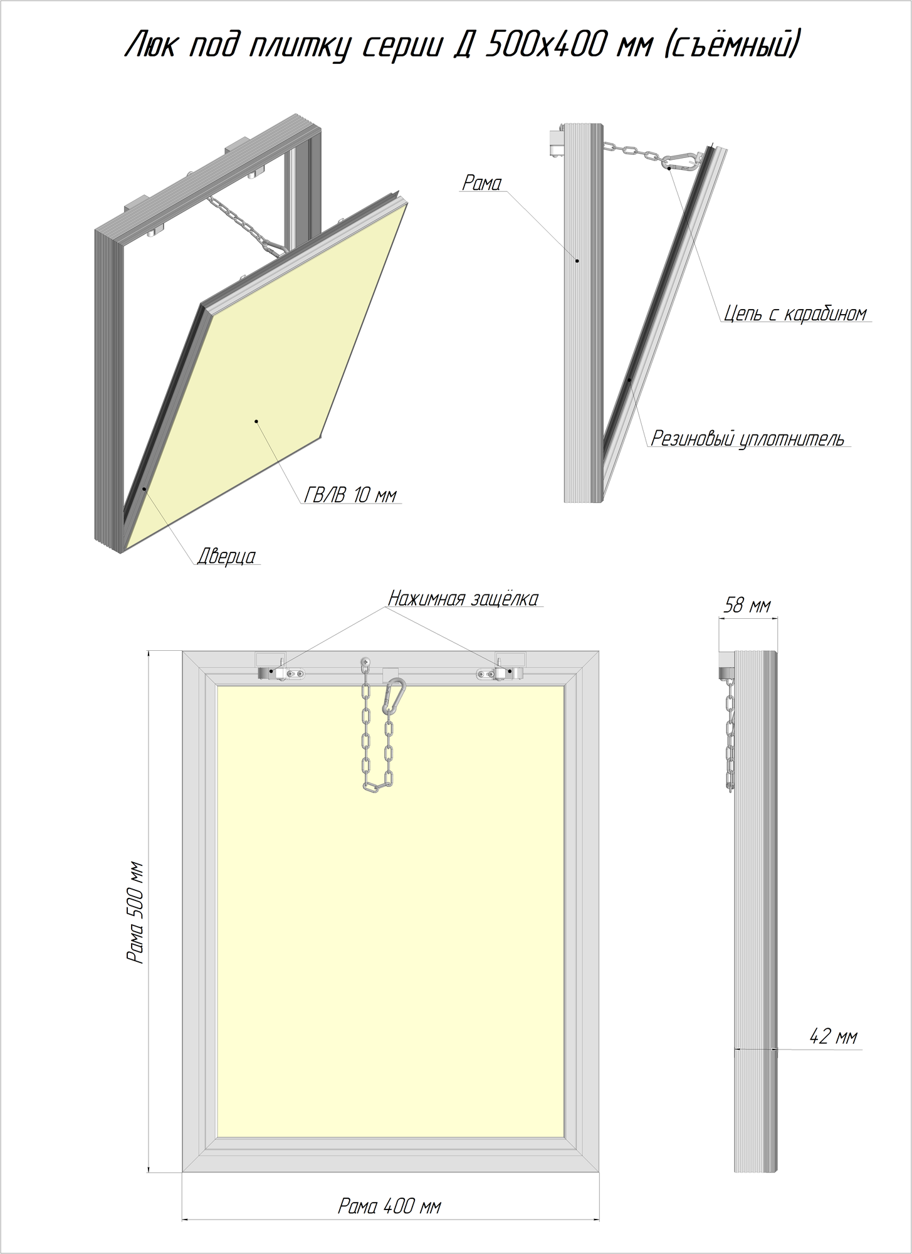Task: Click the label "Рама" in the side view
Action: tap(481, 183)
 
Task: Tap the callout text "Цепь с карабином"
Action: tap(795, 313)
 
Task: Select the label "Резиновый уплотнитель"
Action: tap(748, 438)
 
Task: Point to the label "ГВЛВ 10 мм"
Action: tap(350, 495)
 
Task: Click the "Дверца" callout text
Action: tap(226, 556)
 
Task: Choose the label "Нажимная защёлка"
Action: tap(463, 599)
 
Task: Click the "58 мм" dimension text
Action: tap(747, 606)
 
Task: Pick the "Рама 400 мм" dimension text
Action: tap(389, 1207)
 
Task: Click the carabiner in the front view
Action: tap(394, 696)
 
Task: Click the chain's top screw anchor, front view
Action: tap(365, 661)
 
